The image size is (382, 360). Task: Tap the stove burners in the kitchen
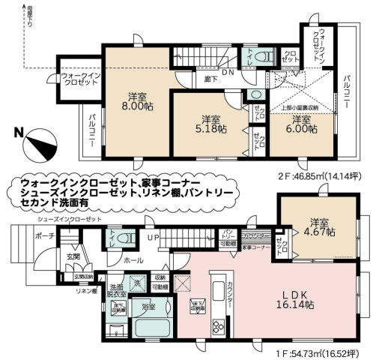coord(216,327)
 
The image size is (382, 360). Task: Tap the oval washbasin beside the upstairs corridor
coord(255,94)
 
